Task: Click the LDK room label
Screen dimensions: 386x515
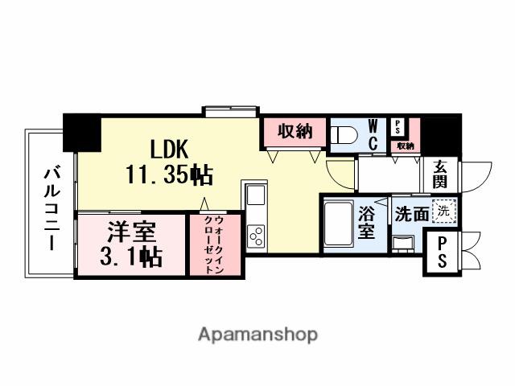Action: [x=168, y=149]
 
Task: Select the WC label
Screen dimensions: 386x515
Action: [x=373, y=135]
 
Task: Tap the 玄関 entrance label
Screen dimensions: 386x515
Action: [x=440, y=175]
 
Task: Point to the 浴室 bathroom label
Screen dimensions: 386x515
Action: [x=367, y=223]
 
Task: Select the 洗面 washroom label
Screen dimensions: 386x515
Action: [x=410, y=214]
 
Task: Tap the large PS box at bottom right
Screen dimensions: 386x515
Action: [x=442, y=253]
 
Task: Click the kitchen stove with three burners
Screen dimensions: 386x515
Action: [x=257, y=236]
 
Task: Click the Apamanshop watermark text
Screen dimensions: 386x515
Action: [x=257, y=335]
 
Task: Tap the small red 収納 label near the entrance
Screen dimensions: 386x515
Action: [x=405, y=146]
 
